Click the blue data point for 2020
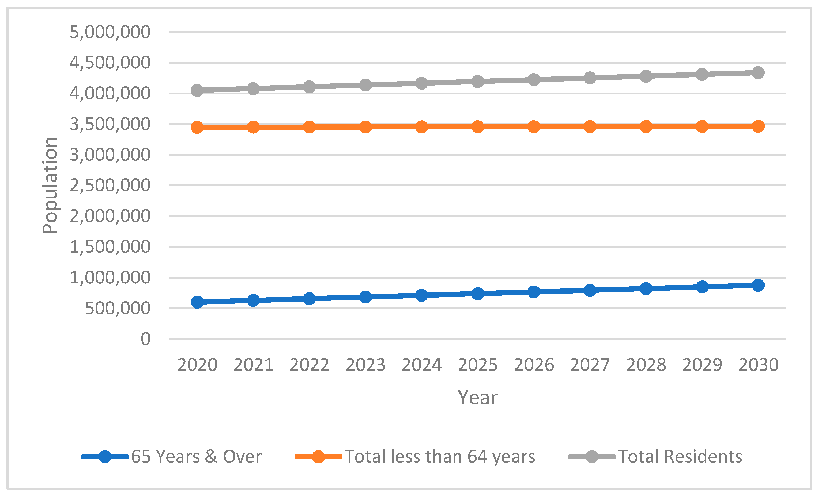[197, 302]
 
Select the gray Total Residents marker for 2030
[758, 72]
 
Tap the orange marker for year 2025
[478, 127]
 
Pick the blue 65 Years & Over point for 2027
[590, 290]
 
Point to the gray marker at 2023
[365, 85]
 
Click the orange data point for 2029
[702, 126]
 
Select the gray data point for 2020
[197, 90]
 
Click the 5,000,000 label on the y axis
[110, 32]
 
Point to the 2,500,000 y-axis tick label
[110, 185]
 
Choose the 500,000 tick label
[118, 308]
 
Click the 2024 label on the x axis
[422, 365]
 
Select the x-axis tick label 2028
[646, 365]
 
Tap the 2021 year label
[253, 365]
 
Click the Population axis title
[50, 186]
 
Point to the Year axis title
[477, 398]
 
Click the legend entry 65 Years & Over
[196, 457]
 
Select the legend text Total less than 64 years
[440, 457]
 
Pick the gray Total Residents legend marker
[591, 457]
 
